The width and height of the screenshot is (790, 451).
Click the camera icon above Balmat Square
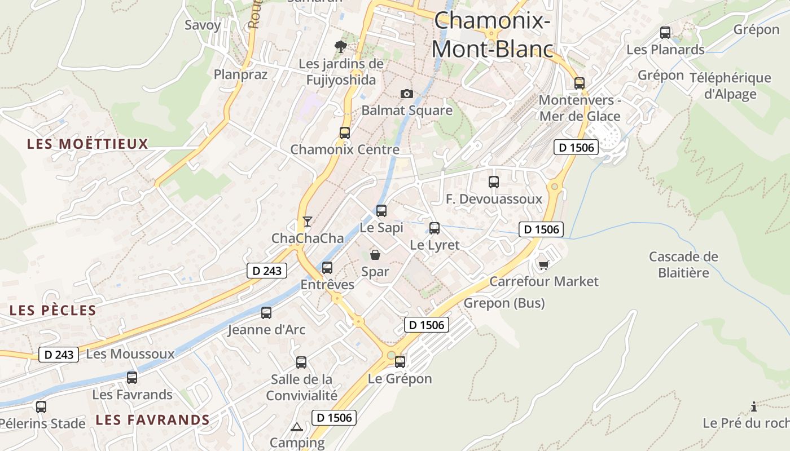[406, 94]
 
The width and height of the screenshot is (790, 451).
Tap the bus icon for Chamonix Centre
[344, 133]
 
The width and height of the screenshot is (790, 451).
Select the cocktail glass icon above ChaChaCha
[307, 221]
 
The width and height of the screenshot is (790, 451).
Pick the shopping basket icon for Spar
[375, 255]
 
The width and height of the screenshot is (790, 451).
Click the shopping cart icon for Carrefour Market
[543, 264]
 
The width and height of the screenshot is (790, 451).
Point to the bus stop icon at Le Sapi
[381, 211]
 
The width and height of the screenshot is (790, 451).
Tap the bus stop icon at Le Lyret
[434, 228]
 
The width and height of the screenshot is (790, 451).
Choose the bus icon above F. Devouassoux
[494, 182]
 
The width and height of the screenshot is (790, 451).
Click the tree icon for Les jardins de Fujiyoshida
[340, 46]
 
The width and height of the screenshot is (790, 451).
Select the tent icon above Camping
[297, 426]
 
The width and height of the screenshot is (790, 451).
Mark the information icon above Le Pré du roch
[754, 406]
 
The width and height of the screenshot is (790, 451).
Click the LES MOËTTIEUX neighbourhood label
[87, 144]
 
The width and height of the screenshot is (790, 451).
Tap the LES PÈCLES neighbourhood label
[53, 310]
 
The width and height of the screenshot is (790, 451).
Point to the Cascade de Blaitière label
[683, 264]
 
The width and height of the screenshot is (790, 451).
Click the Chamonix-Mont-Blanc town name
[491, 35]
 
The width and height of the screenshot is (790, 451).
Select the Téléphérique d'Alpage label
[730, 86]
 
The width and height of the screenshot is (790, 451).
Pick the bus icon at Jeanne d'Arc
[266, 312]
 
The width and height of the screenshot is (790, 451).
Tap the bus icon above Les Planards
[665, 33]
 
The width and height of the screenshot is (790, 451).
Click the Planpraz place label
[240, 74]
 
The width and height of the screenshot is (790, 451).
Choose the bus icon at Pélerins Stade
[41, 406]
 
